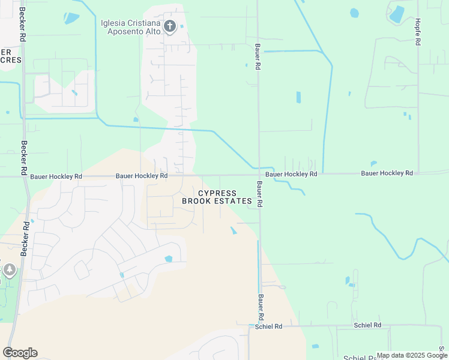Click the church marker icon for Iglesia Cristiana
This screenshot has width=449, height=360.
(170, 26)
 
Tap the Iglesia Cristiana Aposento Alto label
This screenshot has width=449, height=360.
(131, 27)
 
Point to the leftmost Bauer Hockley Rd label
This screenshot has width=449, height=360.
(56, 176)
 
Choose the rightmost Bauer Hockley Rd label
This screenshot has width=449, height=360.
(387, 173)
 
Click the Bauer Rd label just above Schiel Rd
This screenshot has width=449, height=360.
(261, 307)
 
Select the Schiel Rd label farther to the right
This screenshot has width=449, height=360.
(367, 325)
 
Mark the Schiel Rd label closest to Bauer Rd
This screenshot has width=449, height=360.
(269, 326)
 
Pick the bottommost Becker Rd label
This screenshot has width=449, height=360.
(25, 239)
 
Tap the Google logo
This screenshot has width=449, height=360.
(20, 353)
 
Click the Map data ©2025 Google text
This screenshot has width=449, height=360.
(411, 355)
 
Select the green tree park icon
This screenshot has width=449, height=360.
(9, 270)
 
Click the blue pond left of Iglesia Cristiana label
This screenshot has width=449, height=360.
(71, 18)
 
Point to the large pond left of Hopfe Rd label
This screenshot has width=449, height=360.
(397, 14)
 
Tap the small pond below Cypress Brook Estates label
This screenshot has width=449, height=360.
(233, 230)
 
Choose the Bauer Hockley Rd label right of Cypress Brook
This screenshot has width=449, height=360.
(291, 174)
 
